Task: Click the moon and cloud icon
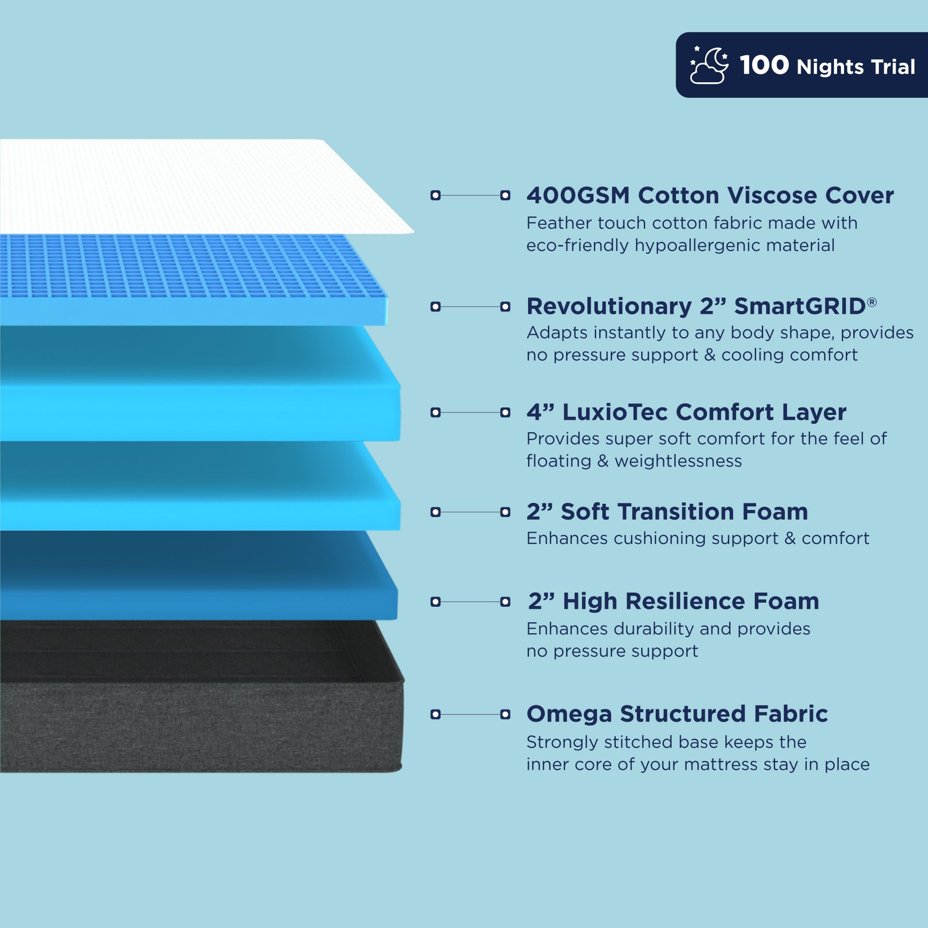pyautogui.click(x=708, y=65)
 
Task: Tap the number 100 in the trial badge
pyautogui.click(x=764, y=65)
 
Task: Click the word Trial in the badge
pyautogui.click(x=893, y=67)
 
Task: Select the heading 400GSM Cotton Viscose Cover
pyautogui.click(x=710, y=195)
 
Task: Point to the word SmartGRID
pyautogui.click(x=800, y=306)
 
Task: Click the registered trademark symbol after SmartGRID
pyautogui.click(x=872, y=302)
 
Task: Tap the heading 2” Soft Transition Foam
pyautogui.click(x=667, y=512)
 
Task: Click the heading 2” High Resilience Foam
pyautogui.click(x=673, y=601)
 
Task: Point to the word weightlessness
pyautogui.click(x=678, y=461)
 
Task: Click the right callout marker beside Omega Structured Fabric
pyautogui.click(x=505, y=714)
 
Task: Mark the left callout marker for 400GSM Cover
pyautogui.click(x=436, y=195)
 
